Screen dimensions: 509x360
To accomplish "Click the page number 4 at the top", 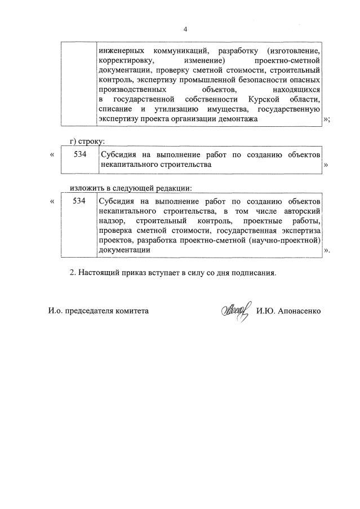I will (x=185, y=28).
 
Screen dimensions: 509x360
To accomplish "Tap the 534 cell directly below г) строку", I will (x=79, y=154).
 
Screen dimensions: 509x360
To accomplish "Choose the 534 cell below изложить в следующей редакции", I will (x=79, y=201).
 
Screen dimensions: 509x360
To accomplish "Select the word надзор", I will (x=110, y=221).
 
